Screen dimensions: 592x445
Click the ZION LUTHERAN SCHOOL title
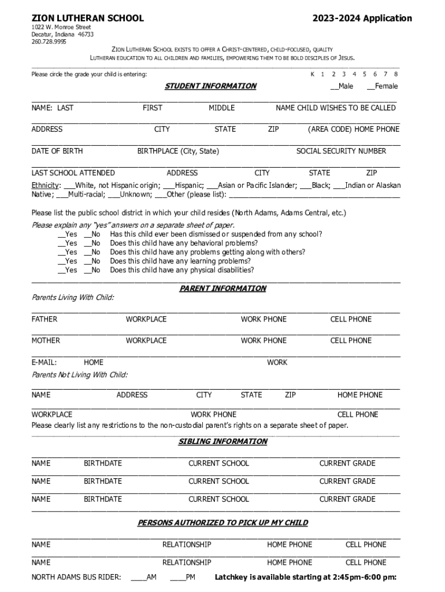click(87, 18)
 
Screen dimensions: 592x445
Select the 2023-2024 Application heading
click(362, 18)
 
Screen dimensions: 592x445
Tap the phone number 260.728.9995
click(49, 42)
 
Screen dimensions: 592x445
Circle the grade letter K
click(313, 74)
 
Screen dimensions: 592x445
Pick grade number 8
click(396, 74)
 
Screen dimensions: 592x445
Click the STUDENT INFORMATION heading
click(210, 86)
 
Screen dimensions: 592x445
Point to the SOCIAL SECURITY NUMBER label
click(341, 151)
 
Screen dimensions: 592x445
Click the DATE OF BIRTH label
click(57, 151)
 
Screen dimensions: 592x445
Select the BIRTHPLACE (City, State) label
click(178, 151)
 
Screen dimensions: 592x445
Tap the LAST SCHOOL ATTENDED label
click(73, 173)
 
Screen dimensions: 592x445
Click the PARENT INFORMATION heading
click(222, 288)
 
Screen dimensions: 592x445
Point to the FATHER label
click(44, 319)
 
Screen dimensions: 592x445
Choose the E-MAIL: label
click(44, 362)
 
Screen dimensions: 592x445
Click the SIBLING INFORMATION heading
click(222, 442)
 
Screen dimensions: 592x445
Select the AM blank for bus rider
click(138, 577)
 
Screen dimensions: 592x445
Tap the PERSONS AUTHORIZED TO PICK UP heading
click(222, 523)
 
